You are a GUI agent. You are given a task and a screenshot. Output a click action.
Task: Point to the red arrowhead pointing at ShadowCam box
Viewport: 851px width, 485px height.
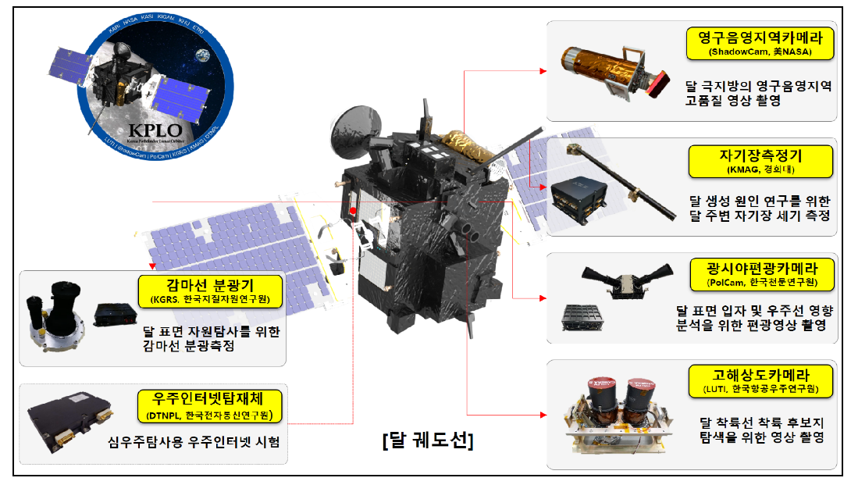click(540, 71)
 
